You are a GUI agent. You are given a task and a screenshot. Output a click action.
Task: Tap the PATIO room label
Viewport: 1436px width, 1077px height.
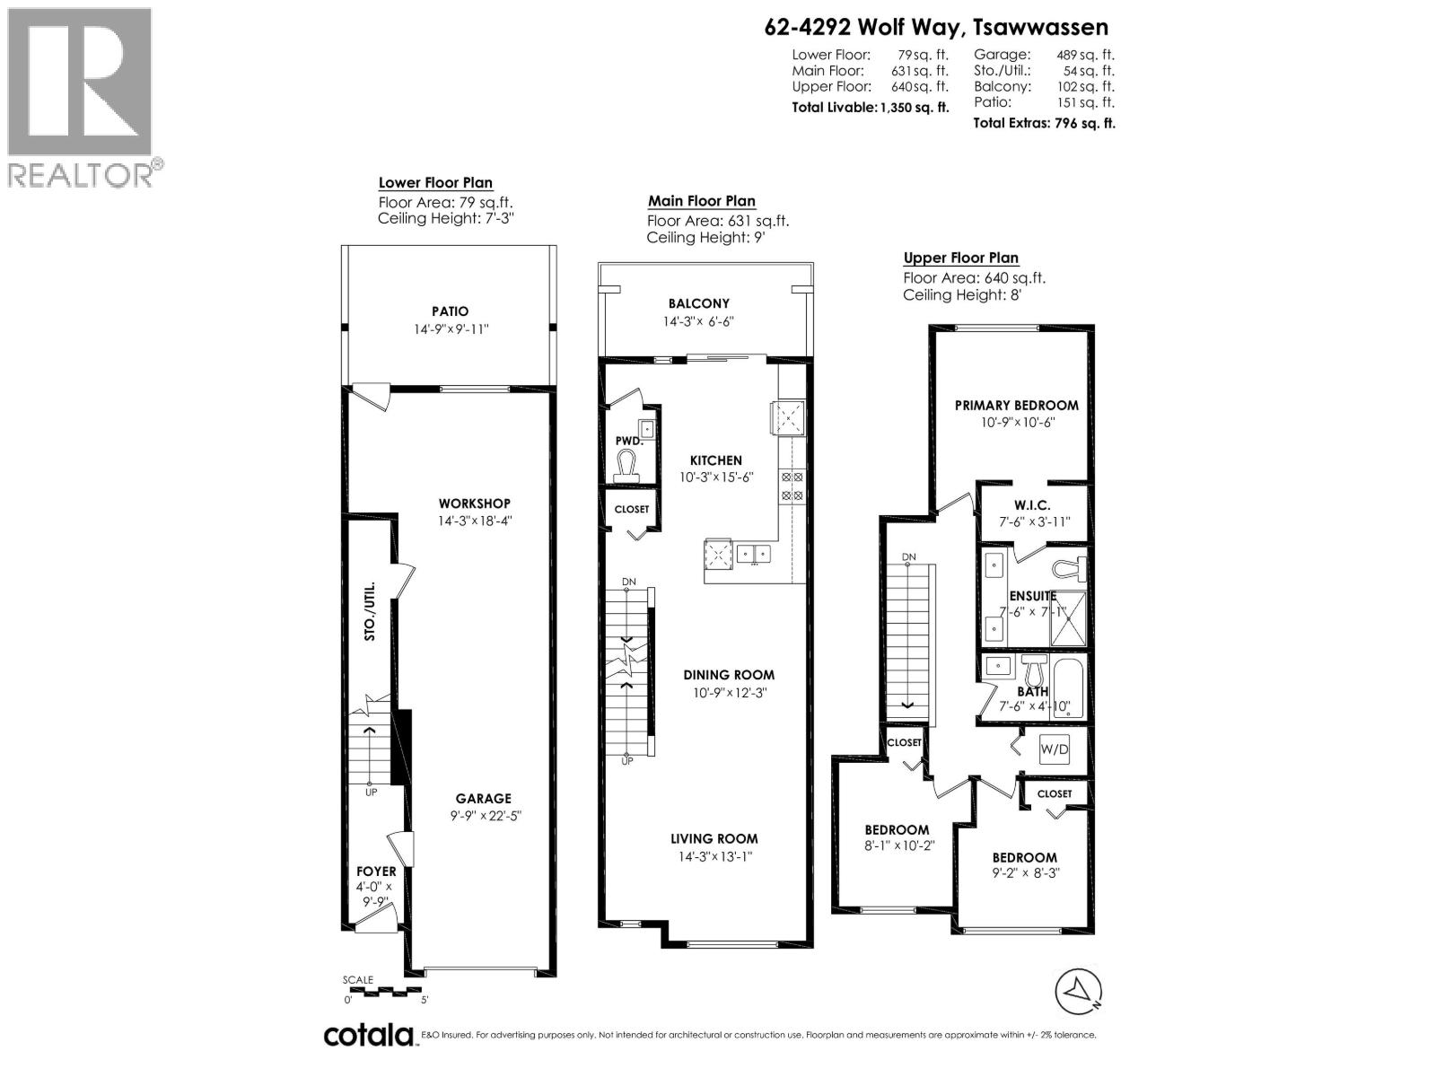click(x=450, y=311)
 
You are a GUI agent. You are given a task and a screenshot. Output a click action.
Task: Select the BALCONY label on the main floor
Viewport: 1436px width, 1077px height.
click(x=698, y=303)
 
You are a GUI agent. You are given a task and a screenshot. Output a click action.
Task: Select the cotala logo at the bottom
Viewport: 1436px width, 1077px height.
click(x=369, y=1035)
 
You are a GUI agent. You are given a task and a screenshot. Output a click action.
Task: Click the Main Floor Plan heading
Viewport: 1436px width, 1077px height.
click(x=701, y=201)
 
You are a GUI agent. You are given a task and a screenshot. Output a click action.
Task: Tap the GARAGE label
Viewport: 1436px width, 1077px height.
click(x=483, y=798)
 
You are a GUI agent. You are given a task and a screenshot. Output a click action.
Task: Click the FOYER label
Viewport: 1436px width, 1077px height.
click(x=376, y=871)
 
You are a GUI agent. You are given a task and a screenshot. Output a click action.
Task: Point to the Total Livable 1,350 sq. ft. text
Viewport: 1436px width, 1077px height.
click(x=869, y=107)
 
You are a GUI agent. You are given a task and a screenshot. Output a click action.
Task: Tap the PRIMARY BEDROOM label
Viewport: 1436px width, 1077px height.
click(x=1016, y=405)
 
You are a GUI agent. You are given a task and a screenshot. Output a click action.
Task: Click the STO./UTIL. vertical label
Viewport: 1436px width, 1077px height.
click(x=369, y=612)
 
